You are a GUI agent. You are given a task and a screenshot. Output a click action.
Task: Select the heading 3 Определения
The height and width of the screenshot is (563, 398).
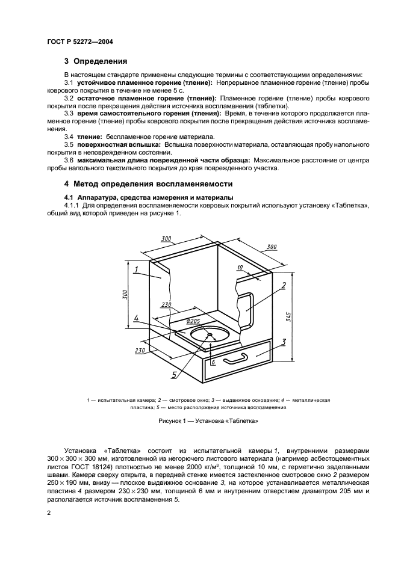[96, 61]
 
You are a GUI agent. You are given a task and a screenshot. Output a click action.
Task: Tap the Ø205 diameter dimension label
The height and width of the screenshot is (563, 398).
[193, 322]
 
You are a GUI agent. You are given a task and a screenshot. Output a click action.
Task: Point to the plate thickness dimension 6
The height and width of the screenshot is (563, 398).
[213, 363]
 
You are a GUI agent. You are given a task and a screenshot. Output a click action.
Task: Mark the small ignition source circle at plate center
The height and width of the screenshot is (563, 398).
[210, 334]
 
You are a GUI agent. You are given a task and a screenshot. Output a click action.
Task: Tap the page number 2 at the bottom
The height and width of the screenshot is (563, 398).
[49, 512]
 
